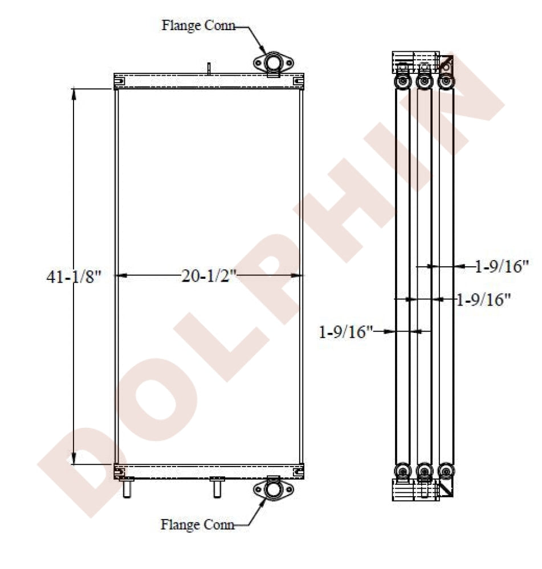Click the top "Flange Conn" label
198,26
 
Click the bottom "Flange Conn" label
197,525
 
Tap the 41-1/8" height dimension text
74,277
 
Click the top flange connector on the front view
274,63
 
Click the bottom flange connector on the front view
274,489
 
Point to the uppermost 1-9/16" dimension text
502,266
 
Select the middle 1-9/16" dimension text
483,300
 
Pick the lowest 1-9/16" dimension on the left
346,332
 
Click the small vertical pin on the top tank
209,69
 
